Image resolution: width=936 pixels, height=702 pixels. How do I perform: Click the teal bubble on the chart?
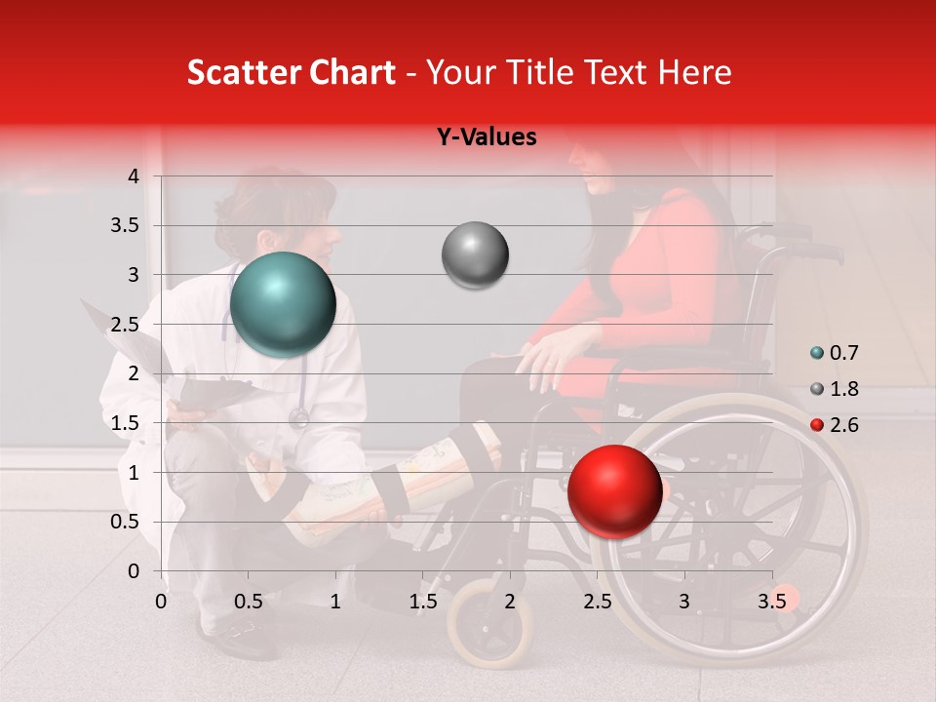click(x=283, y=304)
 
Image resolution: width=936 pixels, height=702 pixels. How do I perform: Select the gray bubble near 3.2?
click(x=475, y=254)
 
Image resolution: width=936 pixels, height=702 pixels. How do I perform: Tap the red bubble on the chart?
click(x=614, y=490)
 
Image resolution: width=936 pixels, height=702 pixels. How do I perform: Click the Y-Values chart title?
click(x=486, y=137)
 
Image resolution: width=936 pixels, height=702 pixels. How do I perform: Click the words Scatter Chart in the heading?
click(x=291, y=72)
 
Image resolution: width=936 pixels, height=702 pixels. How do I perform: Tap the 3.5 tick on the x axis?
click(x=772, y=602)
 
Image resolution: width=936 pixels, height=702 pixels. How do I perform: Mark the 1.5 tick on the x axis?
click(x=423, y=602)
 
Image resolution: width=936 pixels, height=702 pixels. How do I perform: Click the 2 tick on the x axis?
click(x=510, y=602)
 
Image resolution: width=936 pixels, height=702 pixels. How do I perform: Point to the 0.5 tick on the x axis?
click(x=249, y=602)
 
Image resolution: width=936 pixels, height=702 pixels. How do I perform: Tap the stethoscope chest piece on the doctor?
click(x=299, y=418)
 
